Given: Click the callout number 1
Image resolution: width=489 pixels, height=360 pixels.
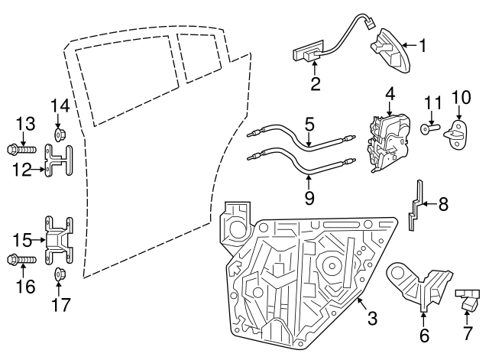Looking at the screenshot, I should point(422,45).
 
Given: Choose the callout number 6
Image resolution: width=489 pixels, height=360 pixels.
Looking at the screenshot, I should point(425,334).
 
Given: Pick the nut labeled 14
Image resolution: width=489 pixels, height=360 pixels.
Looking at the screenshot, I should point(60,136).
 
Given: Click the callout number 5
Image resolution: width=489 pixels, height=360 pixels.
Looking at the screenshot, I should point(309,122).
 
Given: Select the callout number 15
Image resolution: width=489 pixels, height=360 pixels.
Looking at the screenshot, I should point(24,240).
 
